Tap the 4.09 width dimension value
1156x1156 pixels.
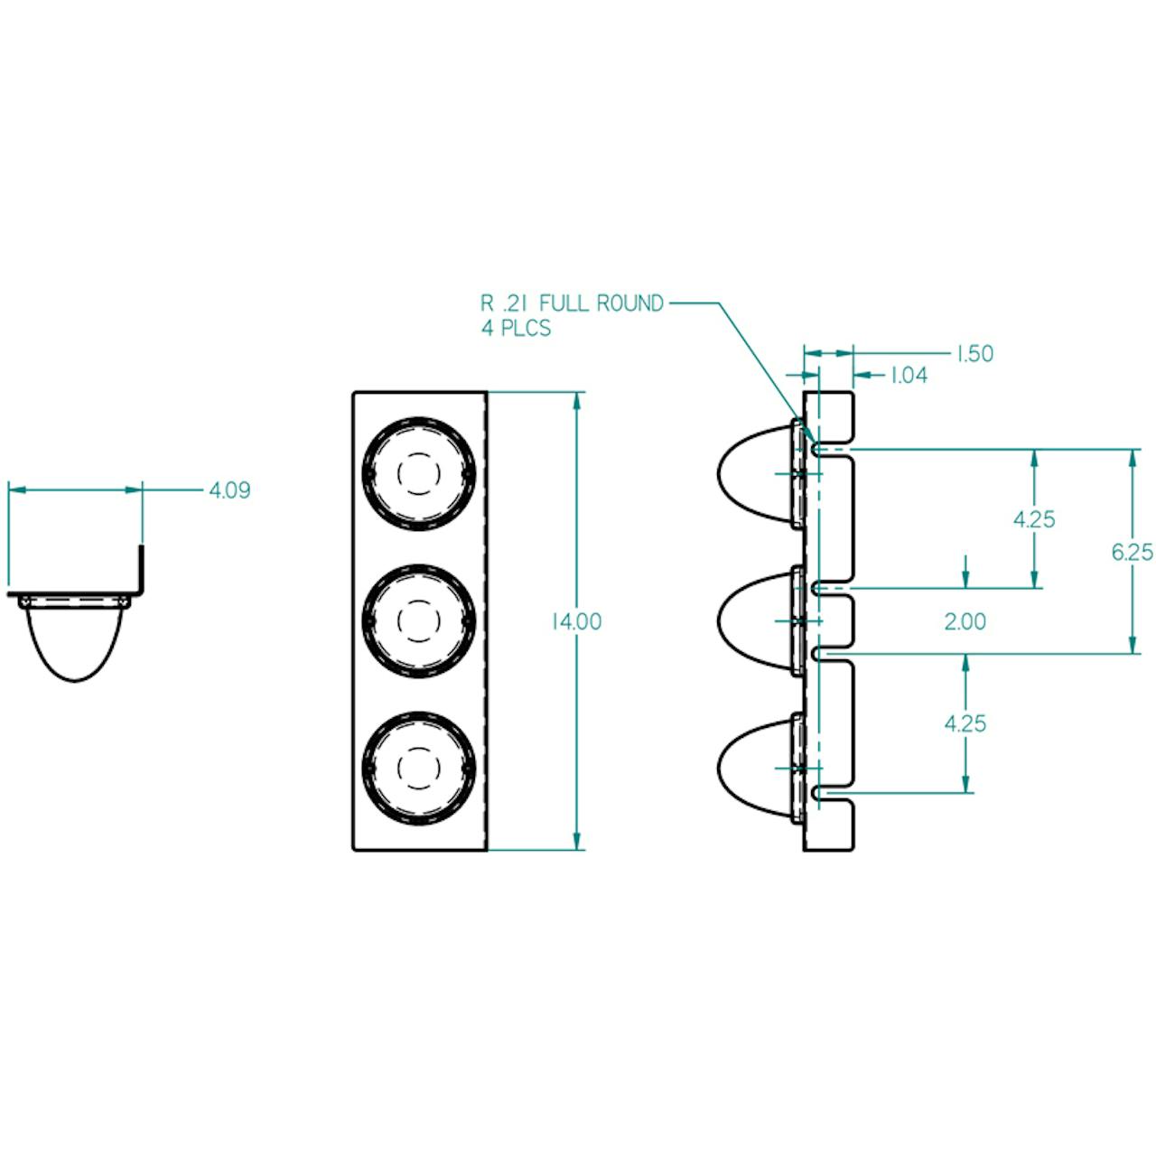click(229, 490)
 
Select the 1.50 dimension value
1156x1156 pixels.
click(974, 353)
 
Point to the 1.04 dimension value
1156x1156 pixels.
click(909, 375)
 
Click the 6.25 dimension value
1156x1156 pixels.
click(1133, 551)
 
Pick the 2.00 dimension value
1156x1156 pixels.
click(965, 621)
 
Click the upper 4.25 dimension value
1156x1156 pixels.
click(1034, 519)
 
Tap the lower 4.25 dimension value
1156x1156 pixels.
click(965, 722)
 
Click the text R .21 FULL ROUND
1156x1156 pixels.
click(572, 303)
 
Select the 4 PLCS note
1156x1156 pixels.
click(516, 327)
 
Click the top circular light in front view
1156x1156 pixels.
click(418, 473)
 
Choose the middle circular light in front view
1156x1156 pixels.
click(418, 620)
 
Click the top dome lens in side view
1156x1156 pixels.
click(754, 473)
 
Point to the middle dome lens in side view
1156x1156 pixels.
click(754, 620)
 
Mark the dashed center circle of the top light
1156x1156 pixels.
click(418, 473)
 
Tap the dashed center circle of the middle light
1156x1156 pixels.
click(418, 620)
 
